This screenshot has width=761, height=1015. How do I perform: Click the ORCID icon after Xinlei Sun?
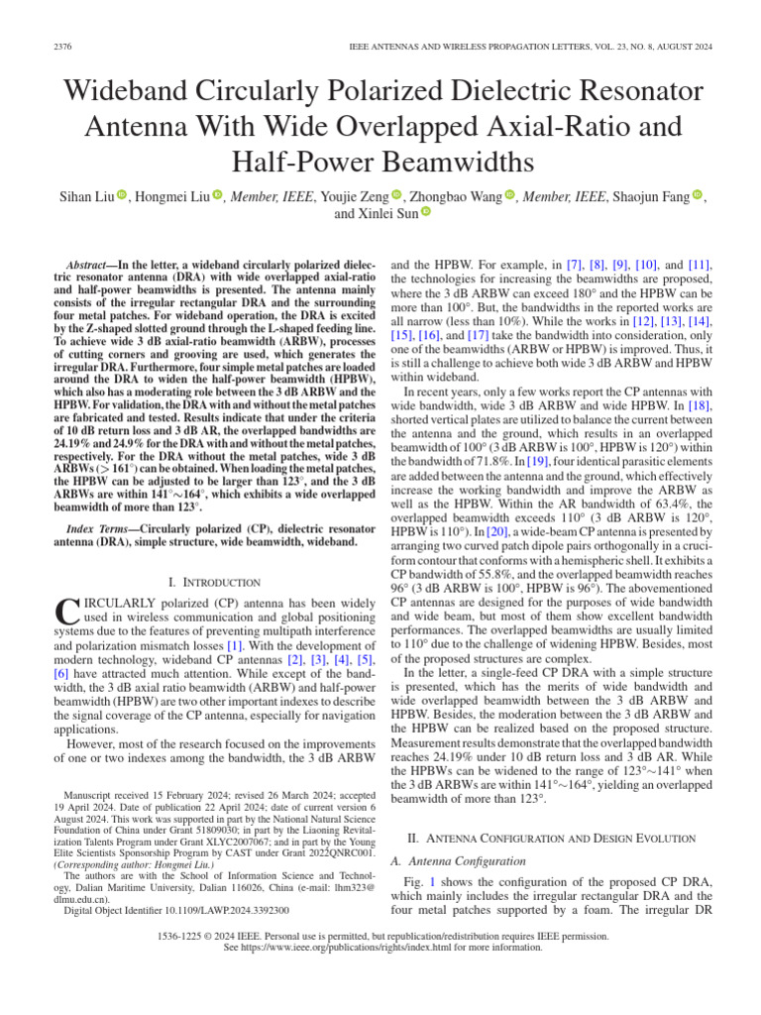pyautogui.click(x=427, y=212)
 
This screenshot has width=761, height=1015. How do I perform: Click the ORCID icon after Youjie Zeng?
pyautogui.click(x=397, y=196)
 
